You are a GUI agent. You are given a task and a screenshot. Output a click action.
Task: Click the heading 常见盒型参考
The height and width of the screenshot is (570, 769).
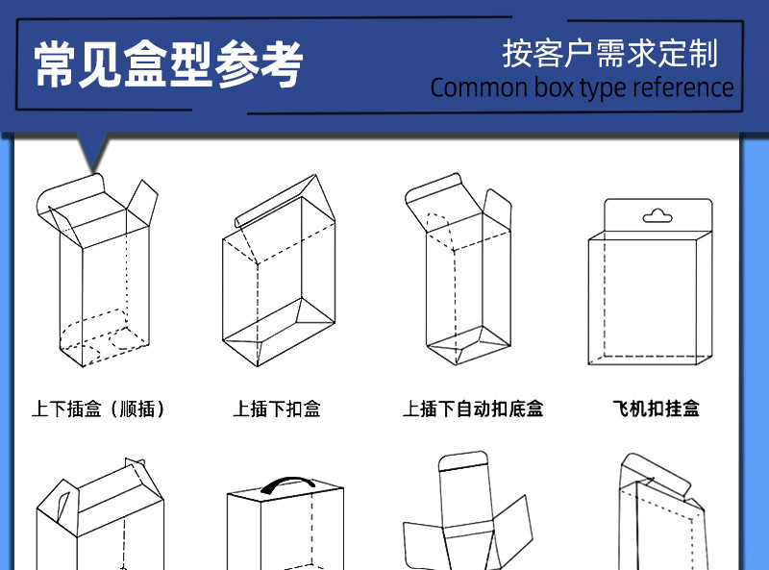(x=169, y=65)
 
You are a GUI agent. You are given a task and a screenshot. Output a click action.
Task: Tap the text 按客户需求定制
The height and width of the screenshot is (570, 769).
(x=609, y=53)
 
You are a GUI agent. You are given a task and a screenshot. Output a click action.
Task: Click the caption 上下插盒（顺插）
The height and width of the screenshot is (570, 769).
(x=99, y=409)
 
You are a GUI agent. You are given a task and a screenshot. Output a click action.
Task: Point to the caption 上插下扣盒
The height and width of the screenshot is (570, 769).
(x=277, y=409)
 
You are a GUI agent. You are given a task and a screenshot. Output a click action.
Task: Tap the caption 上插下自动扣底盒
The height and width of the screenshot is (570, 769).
(x=473, y=409)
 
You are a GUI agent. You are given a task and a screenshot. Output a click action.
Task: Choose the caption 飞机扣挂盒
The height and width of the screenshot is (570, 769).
(x=656, y=409)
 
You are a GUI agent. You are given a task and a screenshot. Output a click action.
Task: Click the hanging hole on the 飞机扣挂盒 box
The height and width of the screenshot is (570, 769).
(x=657, y=214)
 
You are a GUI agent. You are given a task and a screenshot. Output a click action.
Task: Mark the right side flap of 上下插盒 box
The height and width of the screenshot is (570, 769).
(x=141, y=202)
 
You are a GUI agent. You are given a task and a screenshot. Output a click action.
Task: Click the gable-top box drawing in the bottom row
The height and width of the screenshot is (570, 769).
(x=93, y=519)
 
